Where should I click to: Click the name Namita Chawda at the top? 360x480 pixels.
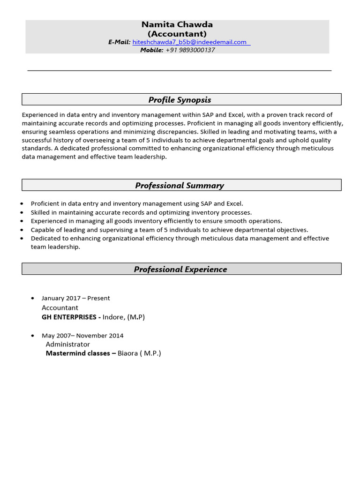coord(177,24)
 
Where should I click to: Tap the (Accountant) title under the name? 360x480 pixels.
coord(177,34)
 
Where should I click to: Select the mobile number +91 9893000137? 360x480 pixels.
coord(190,50)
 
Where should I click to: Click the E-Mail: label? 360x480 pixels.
coord(119,42)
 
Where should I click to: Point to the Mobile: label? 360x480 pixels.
coord(152,50)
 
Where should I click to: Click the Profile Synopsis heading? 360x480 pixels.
coord(180,100)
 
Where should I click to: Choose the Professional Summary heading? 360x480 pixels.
coord(180,186)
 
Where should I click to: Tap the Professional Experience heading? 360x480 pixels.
coord(180,270)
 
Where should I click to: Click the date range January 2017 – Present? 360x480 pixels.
coord(76,298)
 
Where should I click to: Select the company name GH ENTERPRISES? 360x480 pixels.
coord(68,317)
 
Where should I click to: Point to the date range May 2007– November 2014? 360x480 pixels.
coord(82,336)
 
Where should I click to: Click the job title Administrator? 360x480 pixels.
coord(67,345)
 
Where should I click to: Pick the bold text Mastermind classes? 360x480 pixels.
coord(78,353)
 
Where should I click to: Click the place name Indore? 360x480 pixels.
coord(114,317)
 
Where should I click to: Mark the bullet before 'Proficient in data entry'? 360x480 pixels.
coord(22,204)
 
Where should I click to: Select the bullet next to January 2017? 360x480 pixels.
coord(32,299)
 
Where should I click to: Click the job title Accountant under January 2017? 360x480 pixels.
coord(60,308)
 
